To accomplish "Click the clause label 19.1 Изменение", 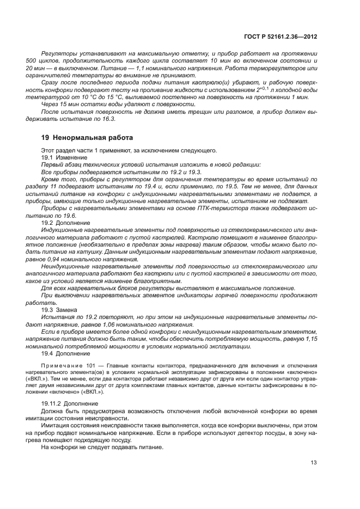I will tap(60, 157).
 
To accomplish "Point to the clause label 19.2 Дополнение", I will tap(62, 223).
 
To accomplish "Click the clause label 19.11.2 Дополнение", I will tap(65, 402).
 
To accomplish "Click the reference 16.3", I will tap(111, 118).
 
